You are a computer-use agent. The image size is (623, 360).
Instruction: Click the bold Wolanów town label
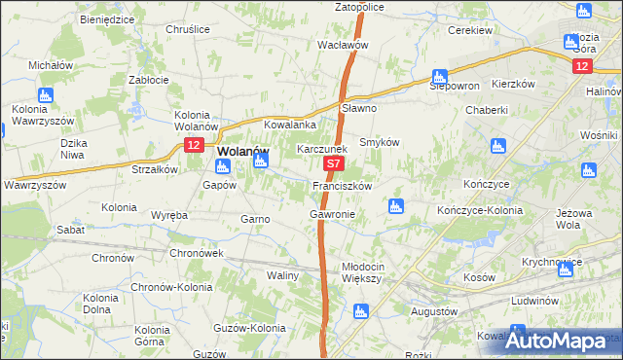coord(242,152)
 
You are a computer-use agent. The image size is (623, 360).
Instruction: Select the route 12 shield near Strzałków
coord(194,145)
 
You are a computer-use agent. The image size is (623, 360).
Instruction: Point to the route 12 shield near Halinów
coord(581,65)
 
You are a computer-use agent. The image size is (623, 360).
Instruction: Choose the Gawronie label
coord(332,213)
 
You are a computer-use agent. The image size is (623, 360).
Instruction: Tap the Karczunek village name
coord(322,150)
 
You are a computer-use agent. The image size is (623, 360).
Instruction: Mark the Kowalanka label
coord(291,126)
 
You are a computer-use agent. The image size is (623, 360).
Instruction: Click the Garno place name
coord(255,219)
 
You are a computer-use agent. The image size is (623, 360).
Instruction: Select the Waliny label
coord(282,275)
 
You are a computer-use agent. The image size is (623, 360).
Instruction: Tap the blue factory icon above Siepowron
coord(440,75)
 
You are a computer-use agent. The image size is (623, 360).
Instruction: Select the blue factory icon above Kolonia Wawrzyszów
coord(43,94)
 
